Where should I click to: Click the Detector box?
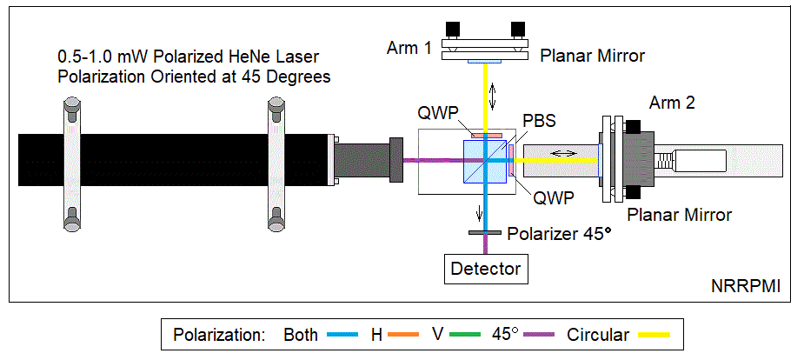pos(486,269)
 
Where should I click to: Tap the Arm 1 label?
pos(409,47)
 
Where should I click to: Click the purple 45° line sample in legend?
pos(541,334)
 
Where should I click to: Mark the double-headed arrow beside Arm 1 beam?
pos(495,95)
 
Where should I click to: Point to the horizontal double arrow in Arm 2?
pos(563,153)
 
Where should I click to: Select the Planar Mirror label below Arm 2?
pos(679,214)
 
